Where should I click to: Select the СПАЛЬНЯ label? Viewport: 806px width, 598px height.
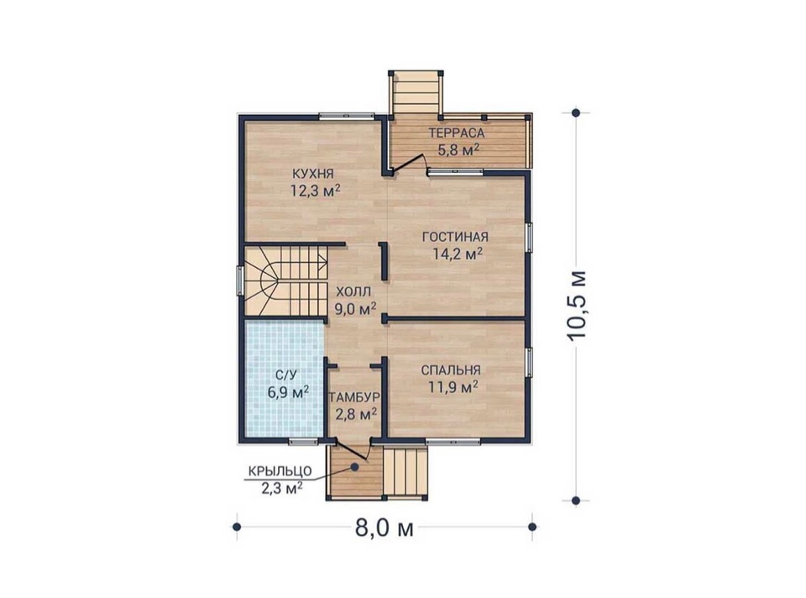coord(451,370)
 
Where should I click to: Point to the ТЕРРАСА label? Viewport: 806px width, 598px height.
coord(457,134)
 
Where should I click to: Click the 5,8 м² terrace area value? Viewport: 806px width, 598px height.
coord(458,150)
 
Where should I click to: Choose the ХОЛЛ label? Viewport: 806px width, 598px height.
coord(353,292)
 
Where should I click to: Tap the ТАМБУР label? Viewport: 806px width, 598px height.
coord(354,397)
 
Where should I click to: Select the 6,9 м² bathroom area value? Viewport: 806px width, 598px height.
coord(288,392)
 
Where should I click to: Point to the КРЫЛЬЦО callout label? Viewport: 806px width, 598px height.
coord(280,471)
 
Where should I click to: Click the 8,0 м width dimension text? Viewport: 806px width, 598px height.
coord(385,527)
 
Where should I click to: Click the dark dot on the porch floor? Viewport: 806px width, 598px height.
coord(354,466)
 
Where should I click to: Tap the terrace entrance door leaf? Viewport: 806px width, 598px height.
coord(408,164)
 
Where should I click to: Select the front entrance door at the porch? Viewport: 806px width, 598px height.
coord(352,449)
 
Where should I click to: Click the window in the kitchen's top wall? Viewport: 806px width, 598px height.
coord(347,116)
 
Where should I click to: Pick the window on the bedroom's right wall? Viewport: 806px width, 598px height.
coord(528,363)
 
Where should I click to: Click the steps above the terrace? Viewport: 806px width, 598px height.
coord(416,93)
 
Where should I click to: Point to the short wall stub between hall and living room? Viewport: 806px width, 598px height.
coord(384,260)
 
